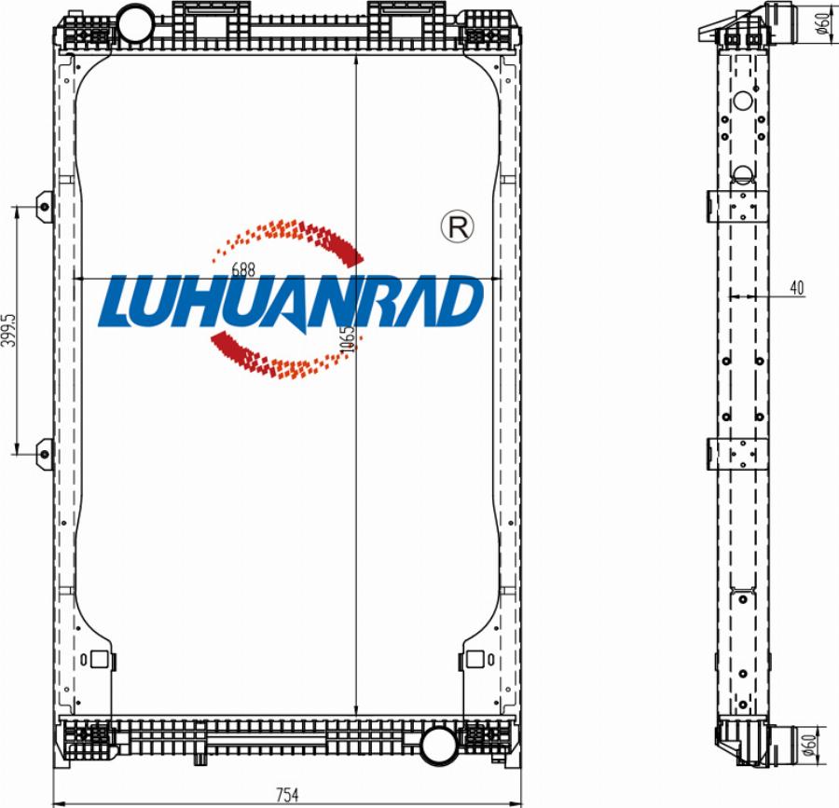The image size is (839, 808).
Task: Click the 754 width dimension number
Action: [x=287, y=795]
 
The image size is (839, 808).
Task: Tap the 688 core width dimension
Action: [x=242, y=269]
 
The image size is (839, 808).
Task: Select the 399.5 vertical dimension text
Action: [x=8, y=330]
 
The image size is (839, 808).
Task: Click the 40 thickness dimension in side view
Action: [x=796, y=288]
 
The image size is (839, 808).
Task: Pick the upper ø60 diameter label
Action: [x=824, y=21]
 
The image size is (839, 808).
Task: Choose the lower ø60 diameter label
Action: [x=824, y=745]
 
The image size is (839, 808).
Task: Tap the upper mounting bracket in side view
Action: [x=736, y=205]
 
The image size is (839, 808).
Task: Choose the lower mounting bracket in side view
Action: [x=736, y=453]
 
